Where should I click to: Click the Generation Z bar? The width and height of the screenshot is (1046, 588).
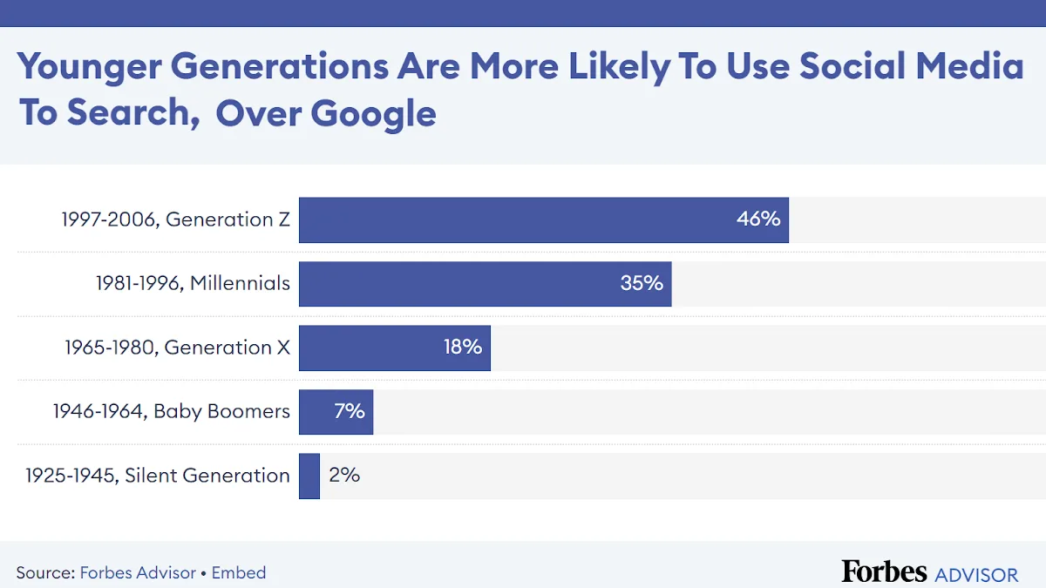coord(523,220)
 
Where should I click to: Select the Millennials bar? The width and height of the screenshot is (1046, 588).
coord(462,283)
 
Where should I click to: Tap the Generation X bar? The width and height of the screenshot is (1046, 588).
coord(375,348)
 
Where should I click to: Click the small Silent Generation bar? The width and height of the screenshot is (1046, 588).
coord(309,476)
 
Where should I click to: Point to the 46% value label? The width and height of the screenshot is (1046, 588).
coord(758,220)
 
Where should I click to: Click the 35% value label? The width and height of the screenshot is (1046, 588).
coord(642,283)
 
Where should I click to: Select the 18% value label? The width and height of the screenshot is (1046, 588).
coord(462,348)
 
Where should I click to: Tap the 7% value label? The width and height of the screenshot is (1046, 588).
coord(349,411)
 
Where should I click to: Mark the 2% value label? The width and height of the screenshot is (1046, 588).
coord(344,476)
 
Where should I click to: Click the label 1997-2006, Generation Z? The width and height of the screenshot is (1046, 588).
coord(175,220)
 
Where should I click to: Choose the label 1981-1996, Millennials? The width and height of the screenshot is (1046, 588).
coord(193,283)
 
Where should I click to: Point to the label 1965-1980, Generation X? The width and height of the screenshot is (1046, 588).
coord(177,348)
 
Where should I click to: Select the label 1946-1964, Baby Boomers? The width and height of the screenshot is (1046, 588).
coord(171,411)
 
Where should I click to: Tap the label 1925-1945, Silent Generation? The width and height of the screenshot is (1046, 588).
coord(157,476)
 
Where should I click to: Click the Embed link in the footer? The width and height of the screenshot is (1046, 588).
coord(239,573)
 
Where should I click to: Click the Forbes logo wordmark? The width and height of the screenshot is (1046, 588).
coord(884,571)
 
